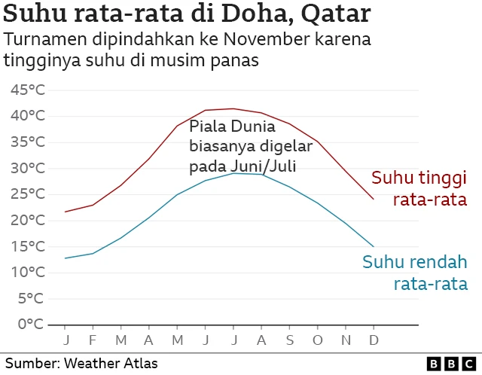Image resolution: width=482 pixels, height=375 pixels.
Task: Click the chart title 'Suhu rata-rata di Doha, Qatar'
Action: point(188,14)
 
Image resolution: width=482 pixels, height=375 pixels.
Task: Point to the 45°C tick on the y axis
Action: point(29,90)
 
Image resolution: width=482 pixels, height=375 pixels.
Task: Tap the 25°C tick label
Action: point(29,194)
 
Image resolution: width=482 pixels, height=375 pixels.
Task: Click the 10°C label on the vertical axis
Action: point(29,272)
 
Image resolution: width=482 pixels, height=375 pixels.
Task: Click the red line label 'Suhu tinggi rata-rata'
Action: point(419,188)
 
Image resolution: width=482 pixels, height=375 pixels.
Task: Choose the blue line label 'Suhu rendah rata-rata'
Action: point(415,273)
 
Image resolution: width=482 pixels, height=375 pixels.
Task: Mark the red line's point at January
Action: point(66,212)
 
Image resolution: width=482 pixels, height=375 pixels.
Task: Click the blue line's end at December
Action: point(373,246)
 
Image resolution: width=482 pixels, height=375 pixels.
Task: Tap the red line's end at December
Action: point(373,200)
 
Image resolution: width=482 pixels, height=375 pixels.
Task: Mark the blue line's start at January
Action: point(66,258)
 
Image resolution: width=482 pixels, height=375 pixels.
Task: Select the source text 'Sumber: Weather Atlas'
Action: point(81,364)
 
